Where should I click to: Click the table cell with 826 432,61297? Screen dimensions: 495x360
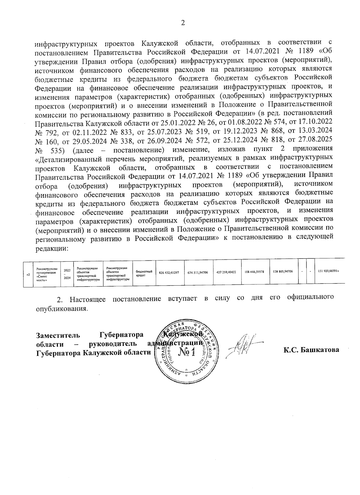(x=169, y=273)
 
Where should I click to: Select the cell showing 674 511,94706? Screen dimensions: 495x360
(x=198, y=273)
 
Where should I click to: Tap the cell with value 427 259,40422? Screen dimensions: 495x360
(x=226, y=272)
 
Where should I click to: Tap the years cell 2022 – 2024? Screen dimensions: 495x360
(x=67, y=274)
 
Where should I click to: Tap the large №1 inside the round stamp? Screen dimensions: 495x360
(x=186, y=352)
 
